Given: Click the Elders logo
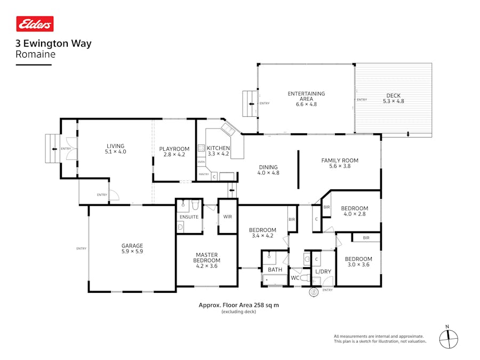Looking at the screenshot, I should (35, 24).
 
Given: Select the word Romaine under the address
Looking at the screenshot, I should (36, 54).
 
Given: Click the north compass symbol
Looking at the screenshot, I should (449, 338).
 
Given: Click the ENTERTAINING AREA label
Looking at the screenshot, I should (306, 99).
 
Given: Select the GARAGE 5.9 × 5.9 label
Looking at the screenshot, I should (132, 249).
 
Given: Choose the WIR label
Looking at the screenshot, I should (228, 217).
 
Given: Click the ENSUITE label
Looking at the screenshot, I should (189, 217).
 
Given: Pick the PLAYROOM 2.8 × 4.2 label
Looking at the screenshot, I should (174, 151).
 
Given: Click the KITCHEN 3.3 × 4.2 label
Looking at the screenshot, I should (218, 151).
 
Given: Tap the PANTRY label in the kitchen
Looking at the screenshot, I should (204, 174).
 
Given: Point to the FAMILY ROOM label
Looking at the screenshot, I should (340, 163).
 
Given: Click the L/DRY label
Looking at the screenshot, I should (323, 271).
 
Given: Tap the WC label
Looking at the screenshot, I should (295, 278).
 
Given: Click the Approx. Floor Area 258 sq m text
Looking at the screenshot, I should (238, 306).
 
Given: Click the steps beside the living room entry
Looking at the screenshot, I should (52, 149).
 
